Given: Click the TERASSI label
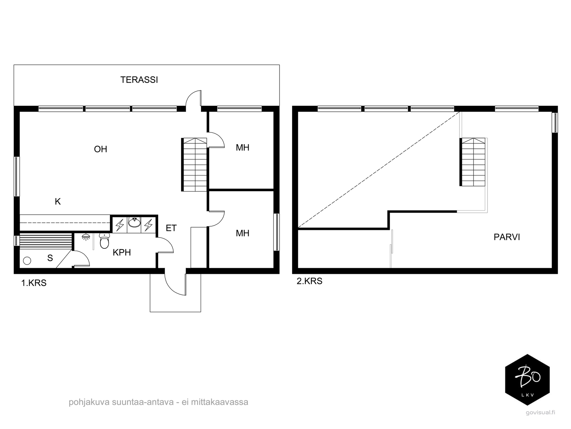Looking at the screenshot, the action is click(x=139, y=80).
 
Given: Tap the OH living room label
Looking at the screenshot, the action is click(x=100, y=149).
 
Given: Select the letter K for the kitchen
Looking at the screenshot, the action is click(x=58, y=202).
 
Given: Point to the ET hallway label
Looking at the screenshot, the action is click(x=171, y=228).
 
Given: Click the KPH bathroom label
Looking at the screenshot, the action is click(x=121, y=252).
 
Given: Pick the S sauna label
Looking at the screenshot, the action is click(x=50, y=258).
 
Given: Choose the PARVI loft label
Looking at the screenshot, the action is click(x=507, y=237).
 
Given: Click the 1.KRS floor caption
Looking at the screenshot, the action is click(x=34, y=283).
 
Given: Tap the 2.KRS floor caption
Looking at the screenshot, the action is click(x=309, y=281).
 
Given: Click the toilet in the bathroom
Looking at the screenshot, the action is click(x=104, y=241).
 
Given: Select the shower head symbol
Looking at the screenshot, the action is click(x=86, y=237).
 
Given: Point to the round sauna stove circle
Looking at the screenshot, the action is click(x=27, y=261).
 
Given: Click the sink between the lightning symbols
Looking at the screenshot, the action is click(x=134, y=223).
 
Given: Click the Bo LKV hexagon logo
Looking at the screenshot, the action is click(x=527, y=380).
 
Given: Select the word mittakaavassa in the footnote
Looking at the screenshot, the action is click(x=220, y=402).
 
